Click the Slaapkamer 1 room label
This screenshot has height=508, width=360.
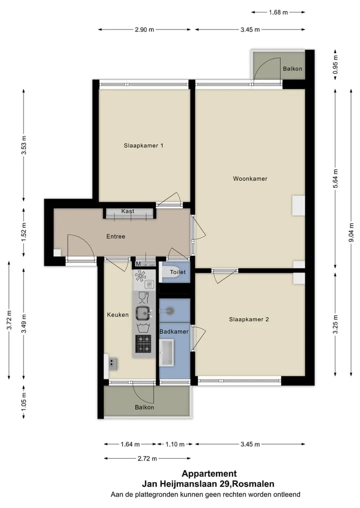pos(143,145)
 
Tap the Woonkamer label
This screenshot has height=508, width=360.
pos(250,178)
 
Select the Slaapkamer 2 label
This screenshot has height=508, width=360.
pos(249,319)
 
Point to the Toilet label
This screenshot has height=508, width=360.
pos(177,272)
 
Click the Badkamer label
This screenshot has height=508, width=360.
pos(174,332)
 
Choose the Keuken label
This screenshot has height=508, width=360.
pos(117,315)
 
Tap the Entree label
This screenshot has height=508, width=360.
pos(116,236)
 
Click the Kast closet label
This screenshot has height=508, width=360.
pos(128,211)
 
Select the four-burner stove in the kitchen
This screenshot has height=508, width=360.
pos(143,344)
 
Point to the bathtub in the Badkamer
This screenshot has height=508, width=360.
pos(166,353)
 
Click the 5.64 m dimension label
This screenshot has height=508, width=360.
pos(335,178)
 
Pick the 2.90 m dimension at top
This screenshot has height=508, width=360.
pos(144,30)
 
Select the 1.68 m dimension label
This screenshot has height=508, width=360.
pos(278,12)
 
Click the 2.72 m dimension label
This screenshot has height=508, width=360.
pos(147,459)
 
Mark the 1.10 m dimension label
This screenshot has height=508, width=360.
pos(175,444)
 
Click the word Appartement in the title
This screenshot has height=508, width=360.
pos(209,474)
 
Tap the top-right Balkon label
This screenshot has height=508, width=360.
pos(292,69)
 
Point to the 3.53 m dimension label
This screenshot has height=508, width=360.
pos(24,145)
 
